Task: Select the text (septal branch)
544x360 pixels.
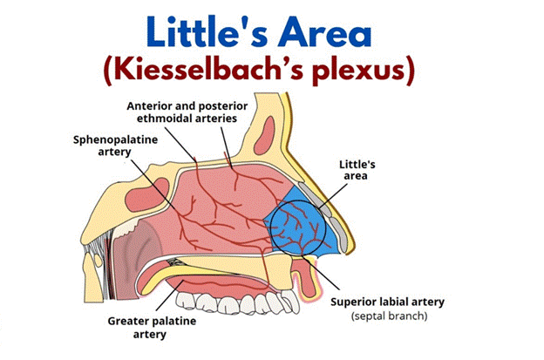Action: pos(388,316)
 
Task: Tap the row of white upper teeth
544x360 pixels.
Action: pos(235,301)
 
